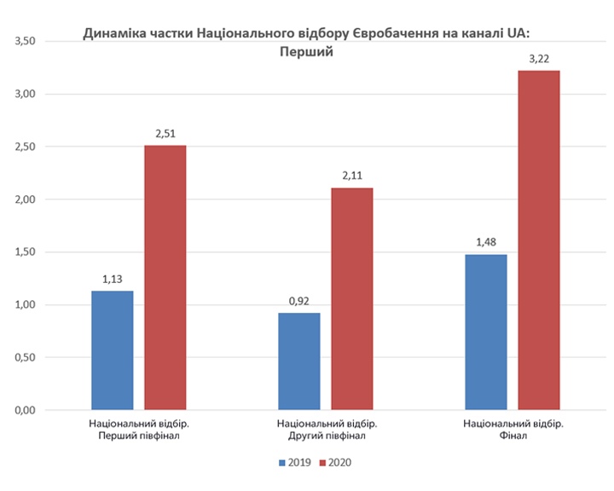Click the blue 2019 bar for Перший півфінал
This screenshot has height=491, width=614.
coord(113,350)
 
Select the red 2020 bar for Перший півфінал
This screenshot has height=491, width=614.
coord(165,278)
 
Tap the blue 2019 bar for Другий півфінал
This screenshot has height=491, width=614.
coord(299,361)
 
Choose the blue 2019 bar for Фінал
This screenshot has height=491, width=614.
coord(486,332)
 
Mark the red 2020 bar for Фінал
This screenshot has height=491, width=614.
coord(539,240)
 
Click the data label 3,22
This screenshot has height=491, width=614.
coord(539,58)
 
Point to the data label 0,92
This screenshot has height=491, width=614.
coord(299,301)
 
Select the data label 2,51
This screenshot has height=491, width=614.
coord(165,133)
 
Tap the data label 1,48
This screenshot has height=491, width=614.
coord(486,242)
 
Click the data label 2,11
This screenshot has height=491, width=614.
coord(352,176)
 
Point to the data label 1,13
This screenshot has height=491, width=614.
coord(113,279)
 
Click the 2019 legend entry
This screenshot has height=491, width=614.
coord(293,463)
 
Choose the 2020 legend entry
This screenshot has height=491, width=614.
coord(334,463)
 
